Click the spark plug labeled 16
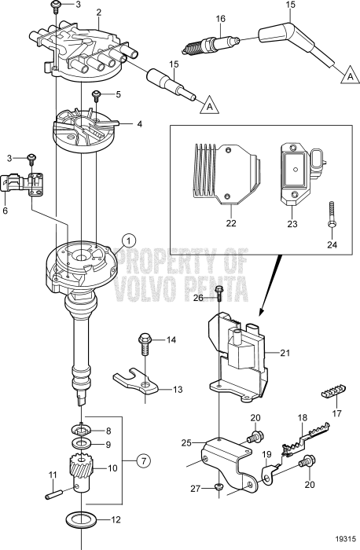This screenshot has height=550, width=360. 206,46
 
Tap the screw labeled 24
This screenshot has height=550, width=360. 332,216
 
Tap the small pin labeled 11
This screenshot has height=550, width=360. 56,495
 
